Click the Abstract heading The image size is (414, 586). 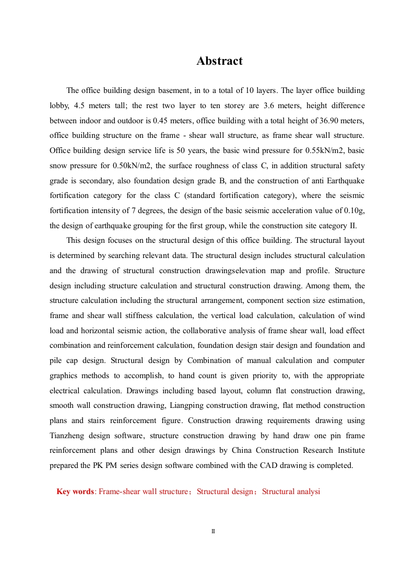pyautogui.click(x=219, y=61)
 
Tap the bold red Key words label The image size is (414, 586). pyautogui.click(x=75, y=491)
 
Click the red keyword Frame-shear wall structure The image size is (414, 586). pyautogui.click(x=143, y=491)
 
